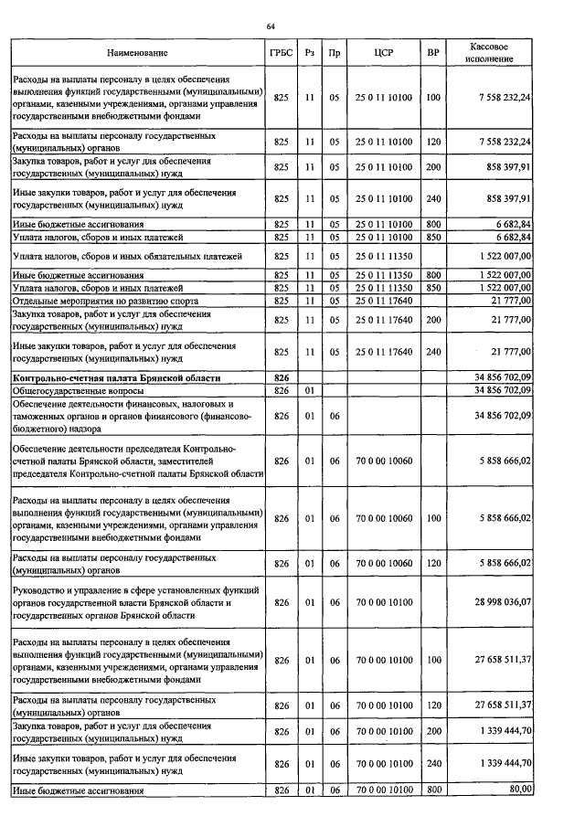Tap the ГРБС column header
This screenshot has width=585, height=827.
[x=282, y=53]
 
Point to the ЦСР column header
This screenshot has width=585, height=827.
[x=384, y=53]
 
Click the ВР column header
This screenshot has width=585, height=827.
[x=433, y=53]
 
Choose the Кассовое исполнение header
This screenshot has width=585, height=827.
[x=490, y=52]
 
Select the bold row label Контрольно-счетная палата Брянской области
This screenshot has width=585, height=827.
[x=117, y=376]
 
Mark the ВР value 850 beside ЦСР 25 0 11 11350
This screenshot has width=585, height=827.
[x=433, y=288]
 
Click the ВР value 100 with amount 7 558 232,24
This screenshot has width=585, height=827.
[x=433, y=98]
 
